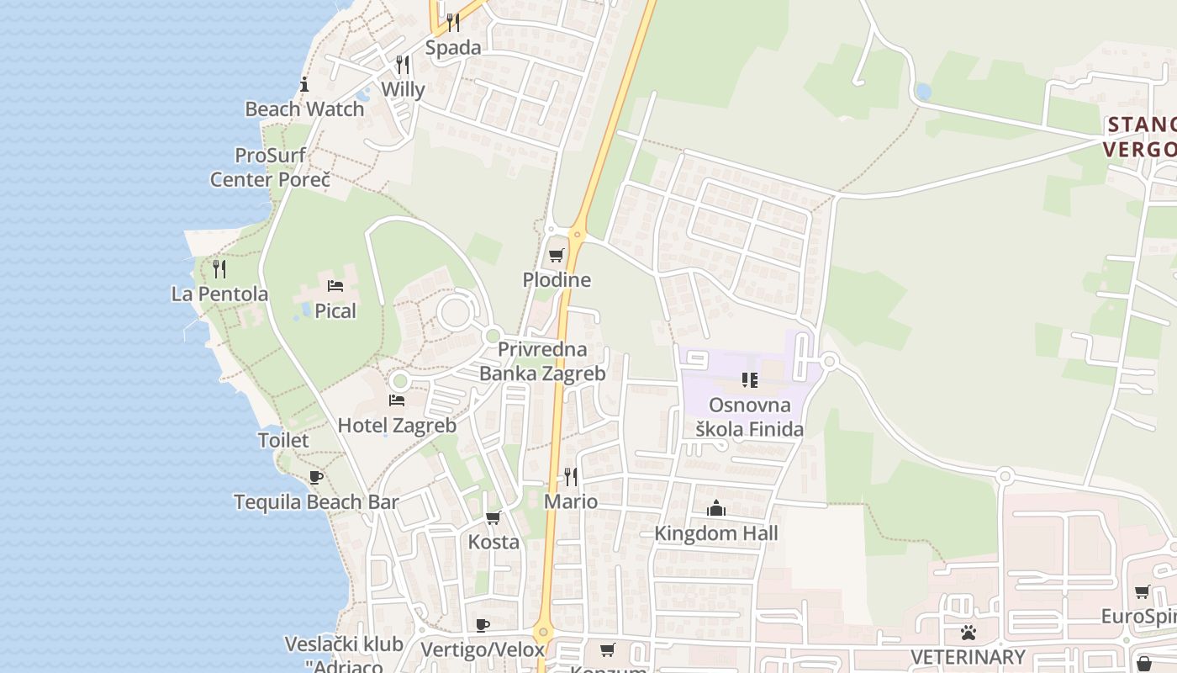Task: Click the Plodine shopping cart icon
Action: (556, 255)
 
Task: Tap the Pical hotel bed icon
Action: (335, 286)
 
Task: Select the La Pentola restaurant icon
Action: (219, 268)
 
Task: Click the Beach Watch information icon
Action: (304, 84)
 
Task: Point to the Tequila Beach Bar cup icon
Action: (316, 477)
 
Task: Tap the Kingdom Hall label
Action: (716, 533)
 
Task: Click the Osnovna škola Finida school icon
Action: (750, 380)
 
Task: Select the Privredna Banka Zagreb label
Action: (542, 361)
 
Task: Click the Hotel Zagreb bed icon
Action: (397, 400)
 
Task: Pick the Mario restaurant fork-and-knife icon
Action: (571, 477)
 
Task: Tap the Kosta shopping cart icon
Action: (493, 517)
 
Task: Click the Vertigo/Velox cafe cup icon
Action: (483, 625)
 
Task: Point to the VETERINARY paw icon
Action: (969, 632)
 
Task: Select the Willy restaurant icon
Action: (403, 65)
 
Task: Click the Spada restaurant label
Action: (453, 48)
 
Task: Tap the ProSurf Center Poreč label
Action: (270, 167)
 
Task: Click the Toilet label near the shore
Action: (283, 440)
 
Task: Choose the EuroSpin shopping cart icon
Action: (1142, 592)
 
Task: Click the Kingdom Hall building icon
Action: (716, 508)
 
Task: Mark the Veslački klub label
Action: (344, 644)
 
